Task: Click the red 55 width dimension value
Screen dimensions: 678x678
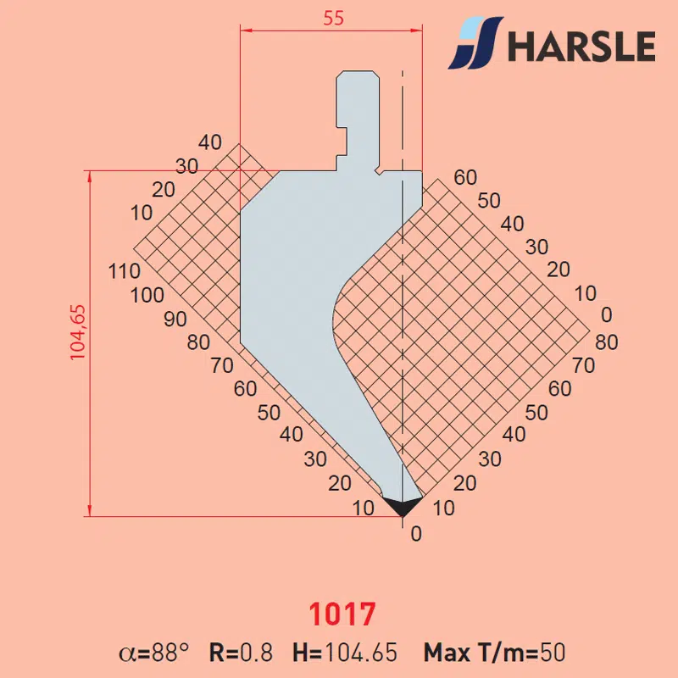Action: (x=333, y=18)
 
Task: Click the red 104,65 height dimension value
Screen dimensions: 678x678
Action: (x=78, y=332)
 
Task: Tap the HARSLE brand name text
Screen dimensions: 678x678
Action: (x=582, y=46)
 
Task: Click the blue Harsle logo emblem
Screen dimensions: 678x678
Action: (x=475, y=43)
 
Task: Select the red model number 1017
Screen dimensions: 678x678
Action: (x=342, y=614)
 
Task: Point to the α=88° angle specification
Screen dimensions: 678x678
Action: (x=154, y=653)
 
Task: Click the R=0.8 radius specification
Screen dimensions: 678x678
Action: (x=241, y=653)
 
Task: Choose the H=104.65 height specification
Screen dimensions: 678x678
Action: (x=345, y=653)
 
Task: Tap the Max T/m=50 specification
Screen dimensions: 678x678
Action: (x=494, y=653)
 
